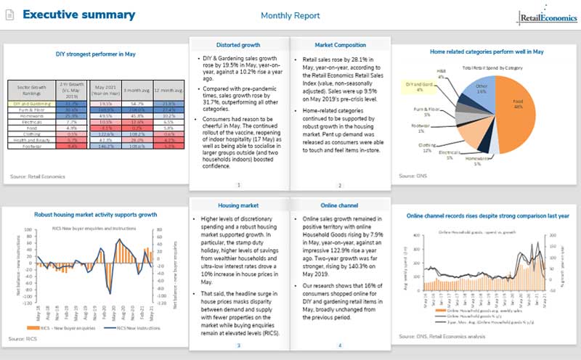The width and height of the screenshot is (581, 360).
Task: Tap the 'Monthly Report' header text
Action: (288, 15)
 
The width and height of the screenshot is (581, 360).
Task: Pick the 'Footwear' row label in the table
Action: (31, 145)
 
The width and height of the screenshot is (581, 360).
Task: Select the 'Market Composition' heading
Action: (339, 45)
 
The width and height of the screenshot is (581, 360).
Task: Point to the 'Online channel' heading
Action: (339, 185)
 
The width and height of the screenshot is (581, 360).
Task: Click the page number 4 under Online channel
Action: (339, 345)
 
